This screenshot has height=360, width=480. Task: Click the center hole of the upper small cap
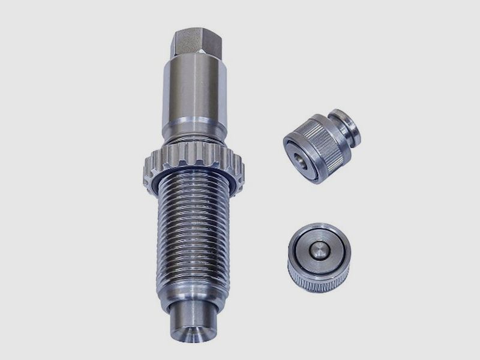tap(298, 161)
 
